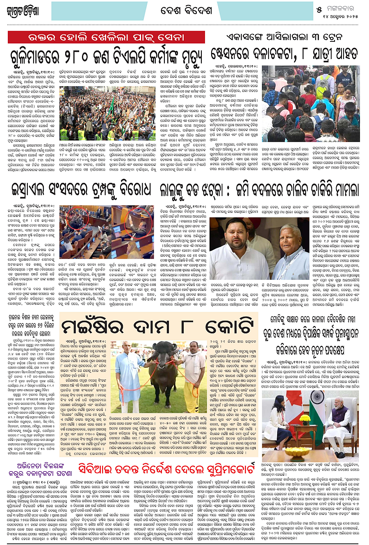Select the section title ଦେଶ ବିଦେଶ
click(x=186, y=11)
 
